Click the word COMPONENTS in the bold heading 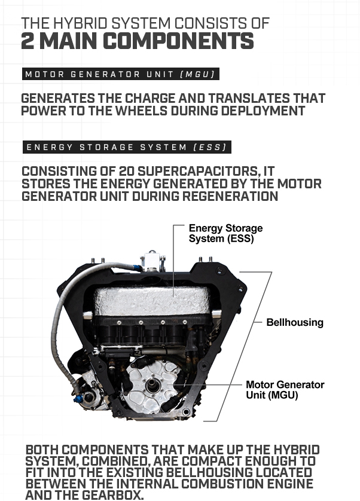(178, 41)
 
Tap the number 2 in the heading (27, 41)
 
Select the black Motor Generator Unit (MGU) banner (121, 74)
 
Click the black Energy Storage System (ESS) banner (127, 147)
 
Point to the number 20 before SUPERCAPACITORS (127, 171)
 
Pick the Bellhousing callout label (295, 322)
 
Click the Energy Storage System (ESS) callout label (225, 233)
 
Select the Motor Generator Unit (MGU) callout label (285, 389)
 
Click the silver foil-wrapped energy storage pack (152, 301)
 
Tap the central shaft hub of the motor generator (152, 387)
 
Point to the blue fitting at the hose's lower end (78, 398)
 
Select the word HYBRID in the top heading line (81, 23)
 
